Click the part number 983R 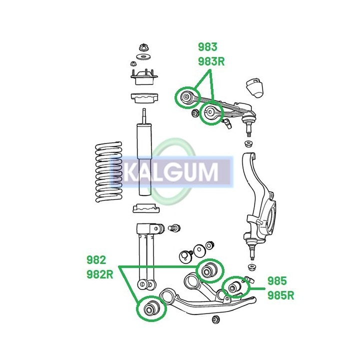tap(211, 61)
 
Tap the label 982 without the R tap(96, 260)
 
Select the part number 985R tap(280, 295)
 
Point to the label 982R tap(100, 274)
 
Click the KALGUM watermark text tap(171, 171)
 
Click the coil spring tap(108, 172)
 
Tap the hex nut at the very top tap(143, 47)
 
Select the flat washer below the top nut tap(143, 56)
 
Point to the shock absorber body tap(144, 159)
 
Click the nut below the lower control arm tap(215, 319)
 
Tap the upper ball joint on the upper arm tap(248, 122)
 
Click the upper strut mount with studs tap(144, 77)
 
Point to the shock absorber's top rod tap(144, 116)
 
